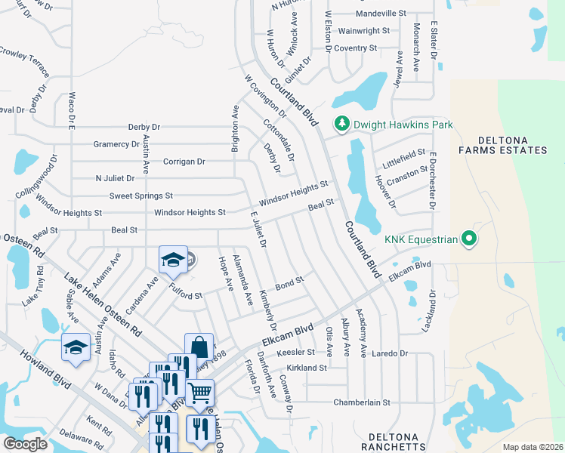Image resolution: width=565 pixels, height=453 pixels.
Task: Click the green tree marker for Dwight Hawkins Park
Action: (341, 123)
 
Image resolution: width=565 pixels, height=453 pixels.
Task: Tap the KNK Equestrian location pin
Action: (468, 239)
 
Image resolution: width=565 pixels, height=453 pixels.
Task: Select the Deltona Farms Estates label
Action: (512, 146)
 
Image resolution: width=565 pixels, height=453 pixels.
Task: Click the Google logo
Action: (25, 443)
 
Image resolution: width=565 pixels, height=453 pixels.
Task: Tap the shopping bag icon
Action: (199, 347)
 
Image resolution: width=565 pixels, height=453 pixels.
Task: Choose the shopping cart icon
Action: (199, 392)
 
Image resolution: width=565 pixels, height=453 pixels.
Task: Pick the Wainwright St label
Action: (363, 31)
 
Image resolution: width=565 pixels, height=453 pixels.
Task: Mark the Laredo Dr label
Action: (389, 353)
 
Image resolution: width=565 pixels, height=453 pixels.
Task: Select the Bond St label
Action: (289, 284)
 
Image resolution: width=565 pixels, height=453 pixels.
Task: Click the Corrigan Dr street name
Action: (184, 162)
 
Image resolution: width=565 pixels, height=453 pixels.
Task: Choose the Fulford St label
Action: (186, 291)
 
